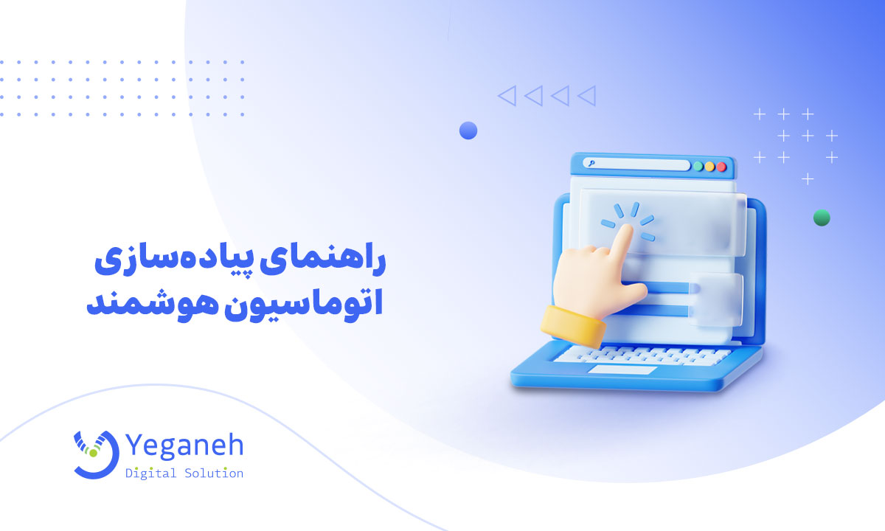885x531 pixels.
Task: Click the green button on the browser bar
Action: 698,166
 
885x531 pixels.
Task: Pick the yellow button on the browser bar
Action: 709,166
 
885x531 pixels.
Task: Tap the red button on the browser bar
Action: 721,166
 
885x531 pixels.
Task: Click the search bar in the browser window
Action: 634,164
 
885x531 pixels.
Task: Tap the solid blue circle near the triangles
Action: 468,131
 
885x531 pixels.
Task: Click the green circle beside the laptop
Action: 821,218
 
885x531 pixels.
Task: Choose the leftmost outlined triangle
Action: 507,95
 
